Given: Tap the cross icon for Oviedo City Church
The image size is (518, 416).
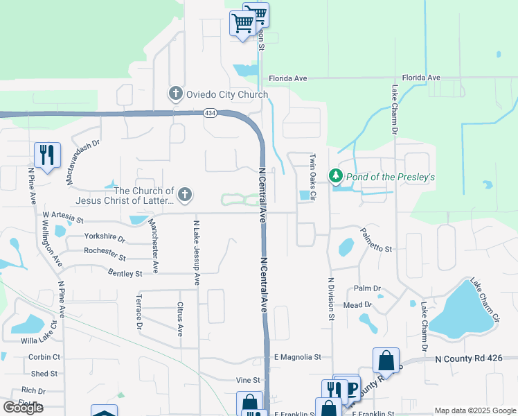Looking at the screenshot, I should (x=175, y=94).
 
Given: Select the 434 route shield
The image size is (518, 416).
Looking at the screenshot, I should (x=210, y=113).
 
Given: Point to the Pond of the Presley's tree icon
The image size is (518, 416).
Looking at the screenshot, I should (x=336, y=176).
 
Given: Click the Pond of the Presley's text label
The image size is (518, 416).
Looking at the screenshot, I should (x=391, y=177).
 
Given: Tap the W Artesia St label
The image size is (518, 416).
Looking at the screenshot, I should (x=62, y=218).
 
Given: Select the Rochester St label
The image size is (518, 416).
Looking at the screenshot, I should (x=104, y=254).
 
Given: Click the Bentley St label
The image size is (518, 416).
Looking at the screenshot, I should (x=125, y=274).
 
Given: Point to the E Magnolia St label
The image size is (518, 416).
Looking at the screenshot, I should (x=297, y=357).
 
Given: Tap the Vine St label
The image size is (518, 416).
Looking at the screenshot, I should (x=247, y=380).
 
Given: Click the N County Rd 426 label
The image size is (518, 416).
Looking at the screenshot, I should (x=474, y=358).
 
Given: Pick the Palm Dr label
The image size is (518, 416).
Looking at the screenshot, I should (x=367, y=288).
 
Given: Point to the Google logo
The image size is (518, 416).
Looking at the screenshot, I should (x=23, y=407).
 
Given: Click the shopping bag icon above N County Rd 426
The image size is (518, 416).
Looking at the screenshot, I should (x=386, y=361).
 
